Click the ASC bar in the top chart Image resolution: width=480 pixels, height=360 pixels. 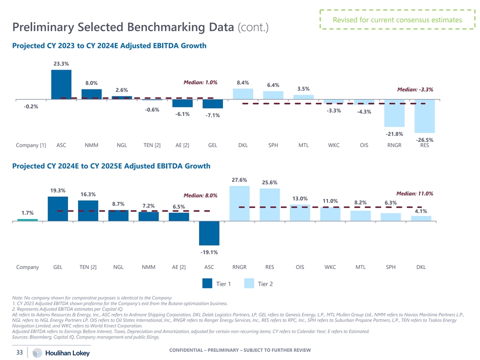[x=61, y=84]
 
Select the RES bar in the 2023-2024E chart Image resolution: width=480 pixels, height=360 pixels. [x=424, y=116]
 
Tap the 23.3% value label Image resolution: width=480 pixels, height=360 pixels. [x=61, y=63]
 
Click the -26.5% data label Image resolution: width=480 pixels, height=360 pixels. [x=424, y=140]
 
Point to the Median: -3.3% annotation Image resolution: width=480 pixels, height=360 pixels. [x=414, y=89]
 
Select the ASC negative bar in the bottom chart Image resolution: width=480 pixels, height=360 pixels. [x=209, y=232]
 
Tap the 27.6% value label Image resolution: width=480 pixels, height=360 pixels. [x=239, y=180]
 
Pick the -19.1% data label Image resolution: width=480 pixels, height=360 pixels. [x=209, y=252]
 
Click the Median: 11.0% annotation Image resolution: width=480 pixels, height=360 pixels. [x=414, y=193]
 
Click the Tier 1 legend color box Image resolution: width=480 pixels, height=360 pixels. [x=207, y=284]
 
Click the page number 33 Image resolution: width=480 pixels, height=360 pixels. [x=20, y=352]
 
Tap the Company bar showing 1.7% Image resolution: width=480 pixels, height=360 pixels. [x=27, y=219]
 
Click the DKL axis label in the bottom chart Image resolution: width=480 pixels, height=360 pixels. [x=421, y=267]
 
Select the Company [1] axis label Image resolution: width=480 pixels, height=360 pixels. [x=31, y=145]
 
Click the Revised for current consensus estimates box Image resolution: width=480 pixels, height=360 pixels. [x=397, y=20]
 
